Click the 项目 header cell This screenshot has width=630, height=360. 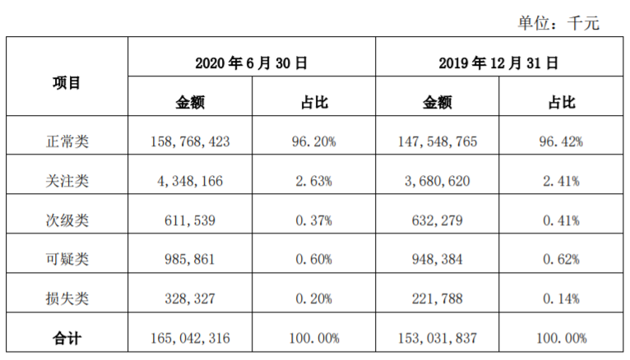[67, 82]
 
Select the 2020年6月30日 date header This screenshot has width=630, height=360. [252, 62]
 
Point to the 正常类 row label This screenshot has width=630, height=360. [67, 141]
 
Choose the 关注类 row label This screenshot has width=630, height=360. [67, 181]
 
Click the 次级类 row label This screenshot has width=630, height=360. [67, 220]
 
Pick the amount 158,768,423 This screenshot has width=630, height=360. [190, 141]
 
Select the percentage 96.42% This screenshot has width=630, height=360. [561, 141]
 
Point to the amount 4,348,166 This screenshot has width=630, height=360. [190, 181]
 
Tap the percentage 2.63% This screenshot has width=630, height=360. [313, 181]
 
